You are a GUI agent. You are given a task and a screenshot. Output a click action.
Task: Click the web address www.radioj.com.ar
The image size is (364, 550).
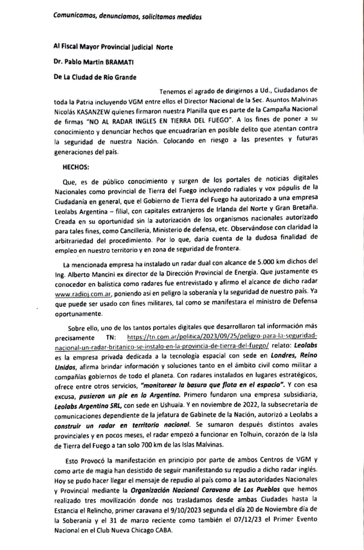[x=82, y=294]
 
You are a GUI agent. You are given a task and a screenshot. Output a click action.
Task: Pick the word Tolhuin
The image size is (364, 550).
[x=244, y=435]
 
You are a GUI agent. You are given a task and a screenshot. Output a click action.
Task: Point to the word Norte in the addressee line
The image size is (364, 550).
[x=164, y=47]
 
